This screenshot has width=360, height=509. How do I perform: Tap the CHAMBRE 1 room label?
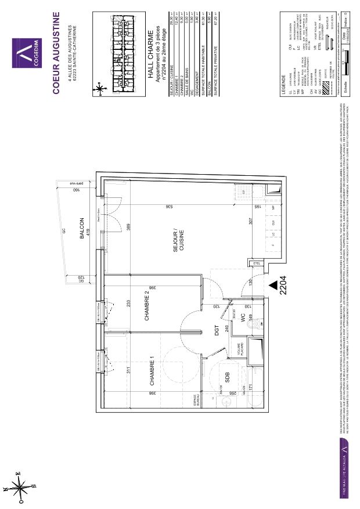point(152,373)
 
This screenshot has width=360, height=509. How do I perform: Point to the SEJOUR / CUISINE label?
point(178,240)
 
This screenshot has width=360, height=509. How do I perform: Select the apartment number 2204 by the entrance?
point(284,286)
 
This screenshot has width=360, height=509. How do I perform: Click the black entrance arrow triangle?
point(273,285)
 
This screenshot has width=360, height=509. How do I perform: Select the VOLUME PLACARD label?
point(239,349)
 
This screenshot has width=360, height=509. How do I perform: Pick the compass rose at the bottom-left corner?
point(19,486)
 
